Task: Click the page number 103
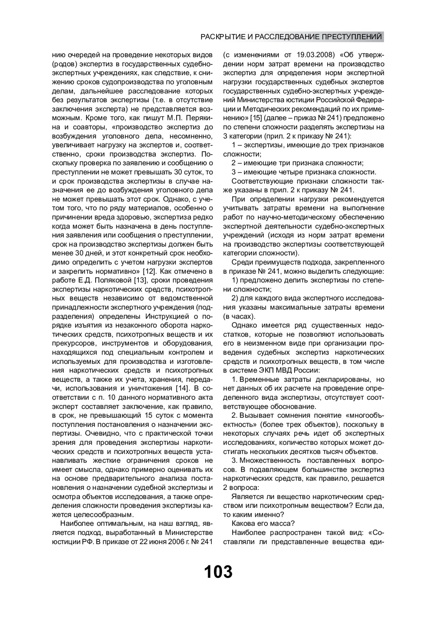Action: point(218,572)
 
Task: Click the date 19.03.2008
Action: point(315,55)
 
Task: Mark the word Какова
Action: point(243,524)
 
